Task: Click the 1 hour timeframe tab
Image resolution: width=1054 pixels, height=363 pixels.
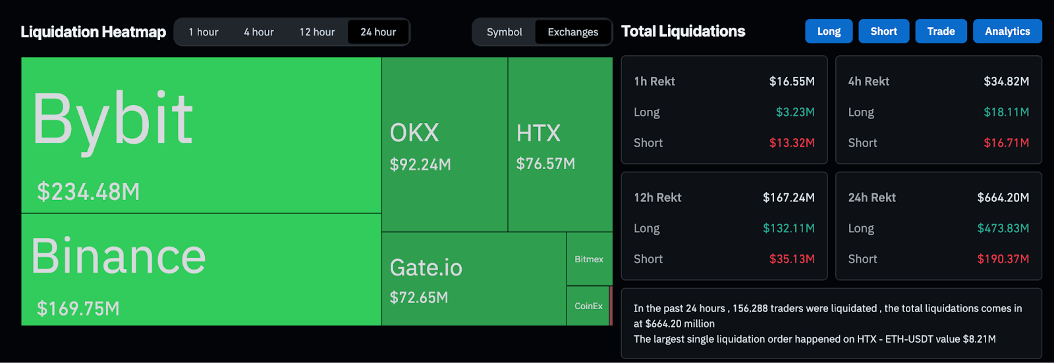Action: (x=203, y=32)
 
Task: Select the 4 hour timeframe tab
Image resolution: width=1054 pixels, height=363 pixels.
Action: (x=259, y=32)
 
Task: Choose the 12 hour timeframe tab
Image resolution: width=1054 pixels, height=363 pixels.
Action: (x=317, y=32)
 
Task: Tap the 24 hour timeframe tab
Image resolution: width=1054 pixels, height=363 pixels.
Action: (x=378, y=32)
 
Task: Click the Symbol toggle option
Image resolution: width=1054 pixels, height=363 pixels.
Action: (x=504, y=32)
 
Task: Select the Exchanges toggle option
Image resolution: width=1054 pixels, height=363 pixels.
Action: (x=573, y=32)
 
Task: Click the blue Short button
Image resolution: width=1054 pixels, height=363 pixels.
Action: (x=883, y=32)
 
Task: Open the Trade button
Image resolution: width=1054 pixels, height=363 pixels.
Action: (x=941, y=32)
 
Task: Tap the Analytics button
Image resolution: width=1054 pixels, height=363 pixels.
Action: (x=1007, y=32)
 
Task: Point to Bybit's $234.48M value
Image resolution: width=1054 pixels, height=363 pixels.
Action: (x=88, y=192)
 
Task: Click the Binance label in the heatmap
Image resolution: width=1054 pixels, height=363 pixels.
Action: (x=119, y=256)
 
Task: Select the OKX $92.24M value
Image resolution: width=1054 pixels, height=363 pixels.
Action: (x=420, y=164)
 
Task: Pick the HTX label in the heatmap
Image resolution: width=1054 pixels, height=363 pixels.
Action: (x=538, y=133)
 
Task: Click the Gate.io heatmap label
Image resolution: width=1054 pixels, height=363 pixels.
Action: (x=426, y=268)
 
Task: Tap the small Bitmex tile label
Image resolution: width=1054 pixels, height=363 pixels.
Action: (x=589, y=260)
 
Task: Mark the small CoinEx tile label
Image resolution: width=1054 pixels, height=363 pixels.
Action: (x=588, y=306)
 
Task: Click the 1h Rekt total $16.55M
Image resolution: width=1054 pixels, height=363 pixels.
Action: (x=792, y=82)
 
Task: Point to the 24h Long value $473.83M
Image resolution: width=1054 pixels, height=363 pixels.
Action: (x=1003, y=228)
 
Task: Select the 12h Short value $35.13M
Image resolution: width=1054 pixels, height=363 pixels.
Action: (x=792, y=259)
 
